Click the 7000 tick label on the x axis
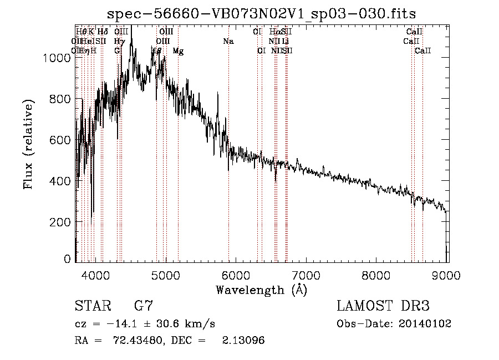(x=307, y=276)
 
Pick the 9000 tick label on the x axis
(x=447, y=276)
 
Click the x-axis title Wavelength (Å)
(x=261, y=290)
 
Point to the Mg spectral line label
(x=178, y=51)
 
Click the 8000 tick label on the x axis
(x=377, y=276)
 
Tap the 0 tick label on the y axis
(x=68, y=259)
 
